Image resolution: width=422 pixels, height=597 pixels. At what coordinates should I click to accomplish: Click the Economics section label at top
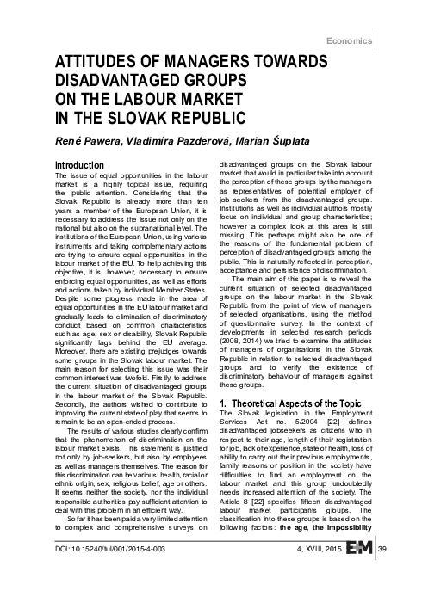360,40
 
